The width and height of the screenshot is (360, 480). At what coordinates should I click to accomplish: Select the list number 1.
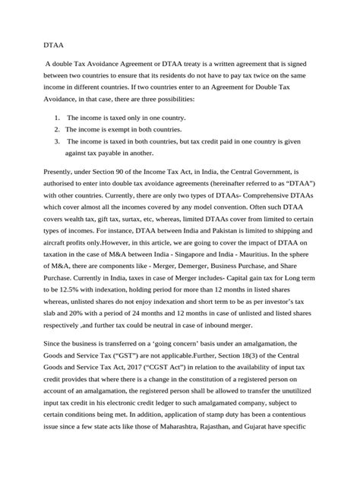click(57, 118)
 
